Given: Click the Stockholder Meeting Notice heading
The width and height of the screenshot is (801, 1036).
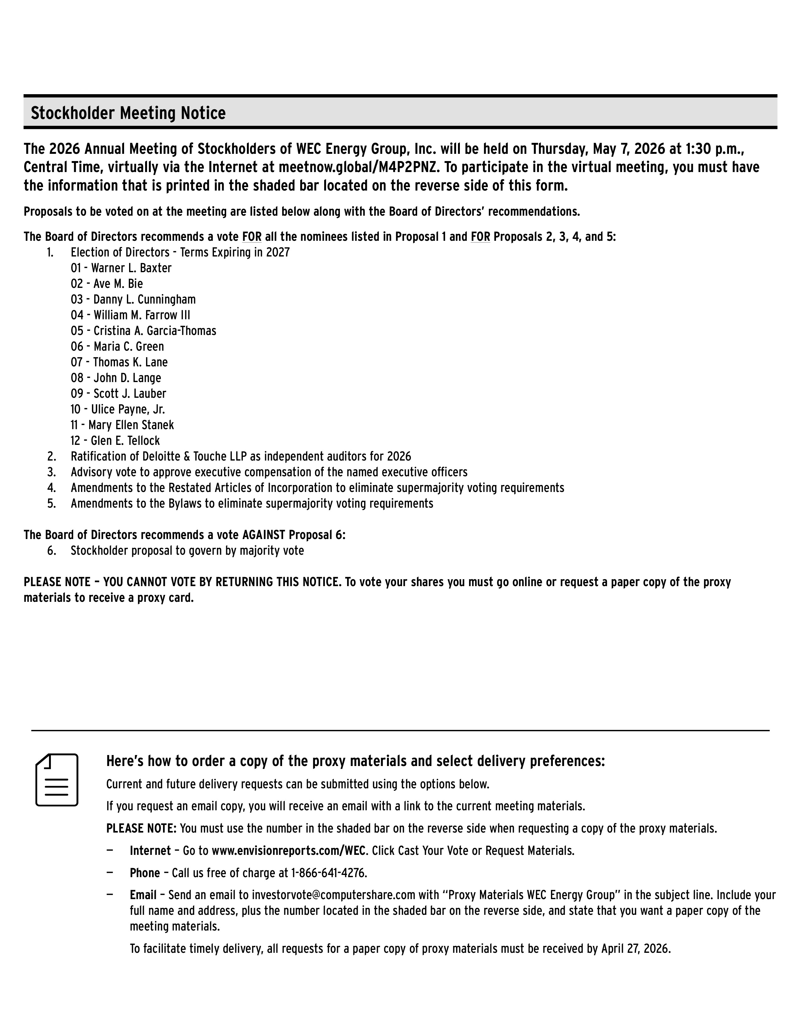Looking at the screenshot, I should [x=128, y=113].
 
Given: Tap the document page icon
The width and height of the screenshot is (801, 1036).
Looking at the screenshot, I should [x=57, y=780].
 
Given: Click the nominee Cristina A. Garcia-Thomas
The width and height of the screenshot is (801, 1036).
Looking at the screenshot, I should [x=155, y=331].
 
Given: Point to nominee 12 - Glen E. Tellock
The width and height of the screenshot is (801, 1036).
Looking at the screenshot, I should [x=115, y=441].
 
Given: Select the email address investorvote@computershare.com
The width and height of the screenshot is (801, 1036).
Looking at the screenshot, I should [x=334, y=895].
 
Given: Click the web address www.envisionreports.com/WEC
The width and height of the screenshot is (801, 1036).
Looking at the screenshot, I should [x=288, y=850].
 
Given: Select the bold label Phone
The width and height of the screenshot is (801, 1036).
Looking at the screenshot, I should [x=145, y=873].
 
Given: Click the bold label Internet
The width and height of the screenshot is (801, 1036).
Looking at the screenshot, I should [x=150, y=850].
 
